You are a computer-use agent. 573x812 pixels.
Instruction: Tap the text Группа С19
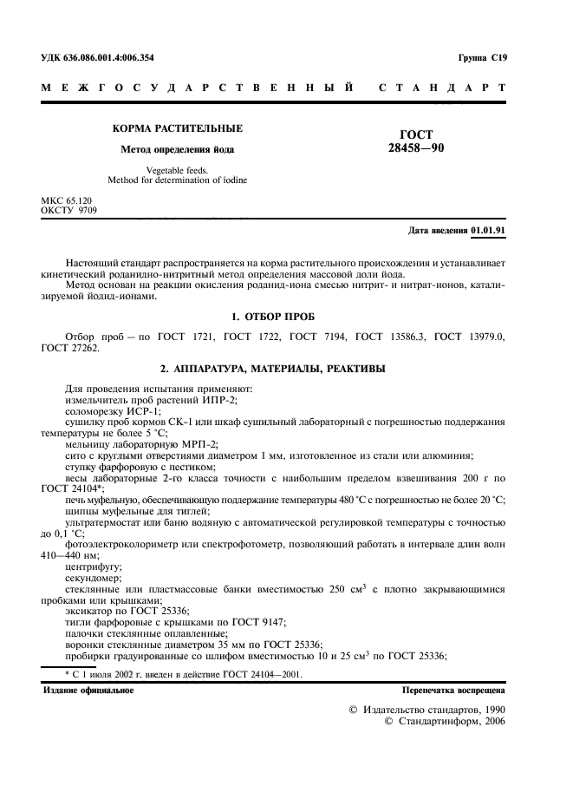[482, 57]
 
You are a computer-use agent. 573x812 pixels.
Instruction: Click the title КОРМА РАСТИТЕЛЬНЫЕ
[178, 128]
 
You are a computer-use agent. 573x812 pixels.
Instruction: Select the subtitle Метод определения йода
[178, 149]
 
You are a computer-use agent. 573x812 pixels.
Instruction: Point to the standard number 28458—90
[416, 148]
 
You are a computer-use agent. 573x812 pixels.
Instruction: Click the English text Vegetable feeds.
[178, 171]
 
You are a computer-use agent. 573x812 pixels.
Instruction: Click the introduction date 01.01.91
[488, 231]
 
